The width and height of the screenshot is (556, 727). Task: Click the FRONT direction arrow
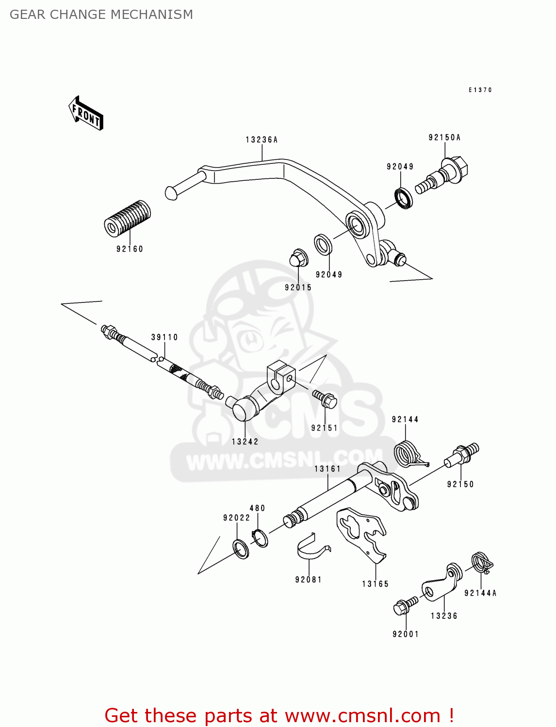(x=86, y=113)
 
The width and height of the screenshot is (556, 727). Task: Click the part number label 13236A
(x=262, y=140)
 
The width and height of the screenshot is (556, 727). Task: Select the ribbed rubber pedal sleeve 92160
(x=127, y=219)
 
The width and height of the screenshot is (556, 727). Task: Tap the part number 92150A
(x=444, y=138)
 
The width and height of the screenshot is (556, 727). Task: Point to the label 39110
(x=164, y=337)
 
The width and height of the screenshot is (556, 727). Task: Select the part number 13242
(x=245, y=442)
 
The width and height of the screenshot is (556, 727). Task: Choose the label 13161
(x=327, y=469)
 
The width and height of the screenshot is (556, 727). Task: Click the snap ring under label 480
(x=260, y=538)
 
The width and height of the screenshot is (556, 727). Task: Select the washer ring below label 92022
(x=241, y=549)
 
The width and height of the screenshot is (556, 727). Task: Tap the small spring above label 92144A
(x=482, y=562)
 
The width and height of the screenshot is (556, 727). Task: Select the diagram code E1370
(x=480, y=90)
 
